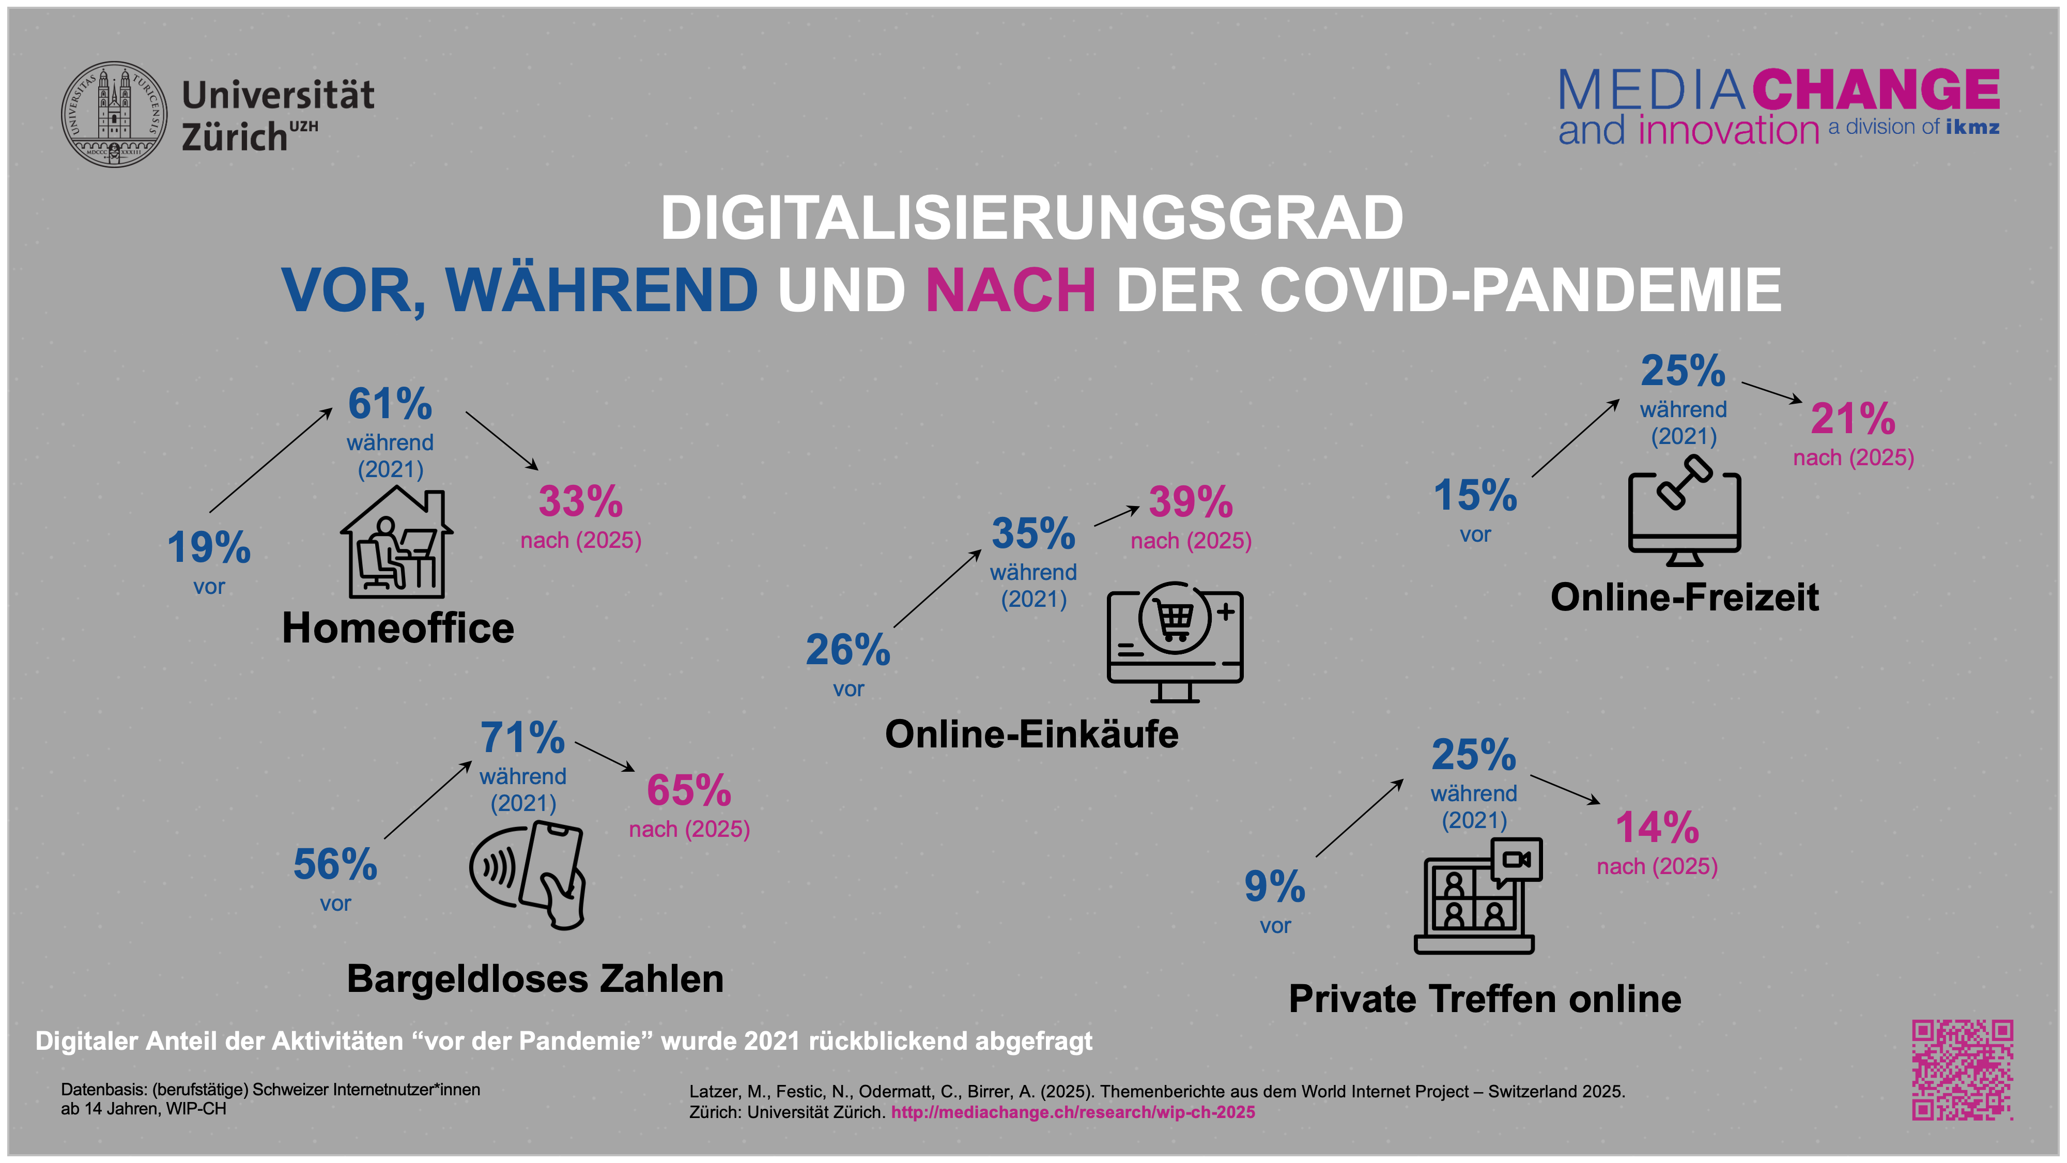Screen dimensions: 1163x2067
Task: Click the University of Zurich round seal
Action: (x=115, y=114)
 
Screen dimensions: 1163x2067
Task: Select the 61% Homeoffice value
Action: (x=390, y=404)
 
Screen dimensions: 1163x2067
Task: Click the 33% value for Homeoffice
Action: (x=580, y=501)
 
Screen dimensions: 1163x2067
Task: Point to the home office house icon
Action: (x=396, y=543)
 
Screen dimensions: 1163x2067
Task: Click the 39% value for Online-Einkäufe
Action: (x=1191, y=502)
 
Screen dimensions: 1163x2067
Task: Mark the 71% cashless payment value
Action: (x=522, y=738)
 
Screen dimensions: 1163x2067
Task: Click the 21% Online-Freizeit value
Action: (x=1853, y=419)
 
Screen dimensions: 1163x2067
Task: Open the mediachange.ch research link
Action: (x=1073, y=1112)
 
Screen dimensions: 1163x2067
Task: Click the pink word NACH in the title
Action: (x=1010, y=290)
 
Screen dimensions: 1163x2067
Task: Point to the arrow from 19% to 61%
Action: (x=270, y=460)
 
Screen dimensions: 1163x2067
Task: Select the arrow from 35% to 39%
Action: (x=1116, y=516)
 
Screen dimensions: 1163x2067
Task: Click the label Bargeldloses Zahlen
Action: (x=535, y=979)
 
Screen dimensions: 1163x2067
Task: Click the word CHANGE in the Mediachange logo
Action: (x=1875, y=90)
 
